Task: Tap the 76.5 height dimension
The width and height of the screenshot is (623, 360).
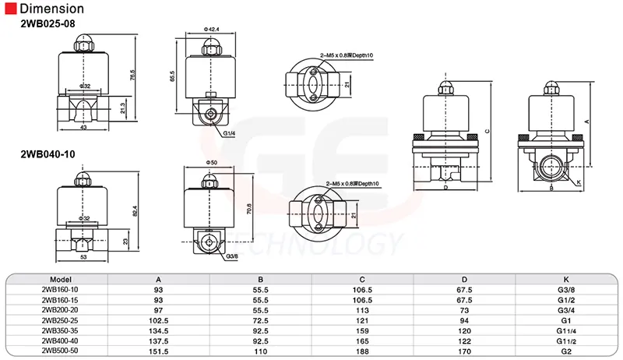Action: click(134, 78)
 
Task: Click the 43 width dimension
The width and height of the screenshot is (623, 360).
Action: click(83, 128)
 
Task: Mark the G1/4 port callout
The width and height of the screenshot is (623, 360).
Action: click(229, 133)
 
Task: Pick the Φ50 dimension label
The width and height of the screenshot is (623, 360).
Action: click(209, 162)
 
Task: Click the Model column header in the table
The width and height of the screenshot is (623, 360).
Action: click(61, 279)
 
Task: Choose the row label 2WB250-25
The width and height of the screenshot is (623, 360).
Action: click(61, 319)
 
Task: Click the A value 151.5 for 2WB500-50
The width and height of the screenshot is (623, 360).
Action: click(159, 350)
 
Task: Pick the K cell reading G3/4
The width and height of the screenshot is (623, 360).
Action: click(565, 309)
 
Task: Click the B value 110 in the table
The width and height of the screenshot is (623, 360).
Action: click(261, 350)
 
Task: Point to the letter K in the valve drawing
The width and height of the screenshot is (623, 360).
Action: click(579, 182)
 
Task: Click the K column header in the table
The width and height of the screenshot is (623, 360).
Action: click(565, 279)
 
